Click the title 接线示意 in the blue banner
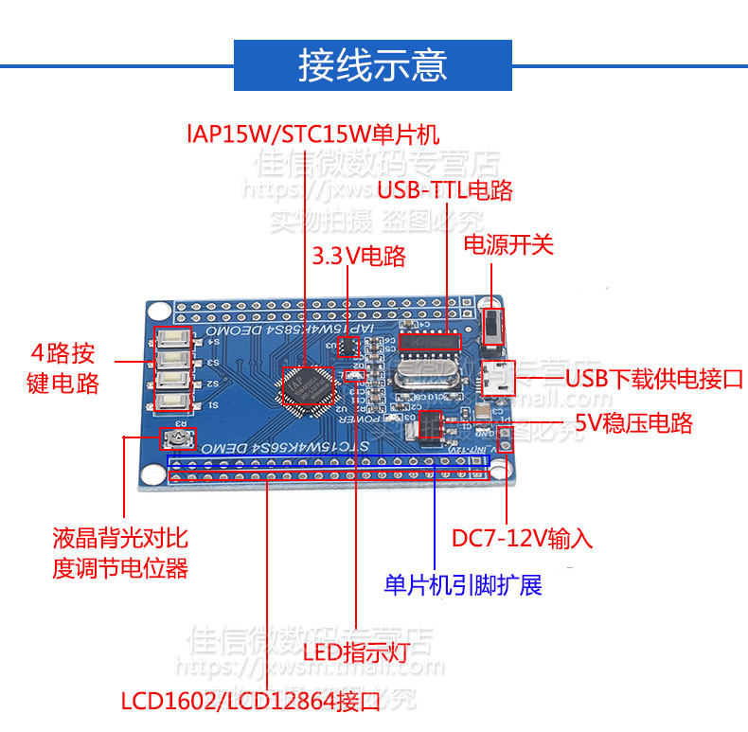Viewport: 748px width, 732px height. [x=373, y=65]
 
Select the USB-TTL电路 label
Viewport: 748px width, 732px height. [x=445, y=189]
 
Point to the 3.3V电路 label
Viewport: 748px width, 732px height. [x=359, y=256]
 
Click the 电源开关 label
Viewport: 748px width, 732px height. [x=508, y=244]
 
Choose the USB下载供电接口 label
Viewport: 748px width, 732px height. [x=653, y=380]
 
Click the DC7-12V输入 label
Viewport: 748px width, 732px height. [x=522, y=538]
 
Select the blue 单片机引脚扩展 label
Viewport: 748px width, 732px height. [x=463, y=584]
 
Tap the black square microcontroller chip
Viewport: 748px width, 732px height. [x=308, y=389]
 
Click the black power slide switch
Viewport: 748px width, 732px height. [x=492, y=327]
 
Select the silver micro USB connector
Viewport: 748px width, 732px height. [x=496, y=378]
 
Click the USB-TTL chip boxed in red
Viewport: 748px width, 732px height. [x=430, y=340]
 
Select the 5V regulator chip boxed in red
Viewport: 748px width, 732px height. [x=430, y=422]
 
